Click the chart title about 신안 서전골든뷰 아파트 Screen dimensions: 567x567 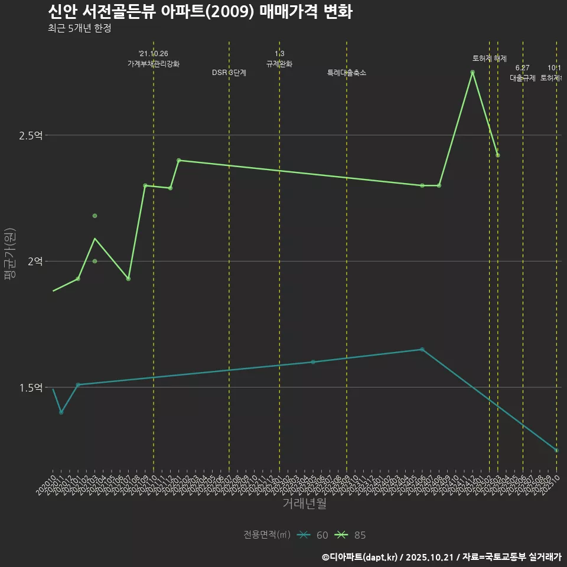tap(200, 12)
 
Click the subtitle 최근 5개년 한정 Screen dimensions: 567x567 tap(79, 28)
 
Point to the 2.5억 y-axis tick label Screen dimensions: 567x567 tap(31, 135)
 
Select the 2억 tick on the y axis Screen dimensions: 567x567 tap(35, 261)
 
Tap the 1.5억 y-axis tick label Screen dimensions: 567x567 tap(31, 387)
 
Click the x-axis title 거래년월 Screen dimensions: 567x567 tap(304, 504)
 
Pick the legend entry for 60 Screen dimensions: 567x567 tap(313, 535)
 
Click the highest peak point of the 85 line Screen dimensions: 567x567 tap(472, 72)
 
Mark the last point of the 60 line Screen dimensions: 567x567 tap(556, 450)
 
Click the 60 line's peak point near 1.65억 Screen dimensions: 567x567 tap(422, 349)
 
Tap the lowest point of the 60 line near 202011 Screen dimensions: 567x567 tap(61, 412)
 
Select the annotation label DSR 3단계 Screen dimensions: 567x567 tap(229, 73)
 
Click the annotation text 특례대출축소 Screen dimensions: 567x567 tap(347, 73)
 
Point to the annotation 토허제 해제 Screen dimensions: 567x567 tap(490, 58)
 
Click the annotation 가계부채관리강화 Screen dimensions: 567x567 tap(154, 64)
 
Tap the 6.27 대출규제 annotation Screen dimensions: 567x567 tap(523, 73)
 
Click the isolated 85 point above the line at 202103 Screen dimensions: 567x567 tap(94, 216)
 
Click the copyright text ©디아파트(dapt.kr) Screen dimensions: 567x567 tap(361, 557)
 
